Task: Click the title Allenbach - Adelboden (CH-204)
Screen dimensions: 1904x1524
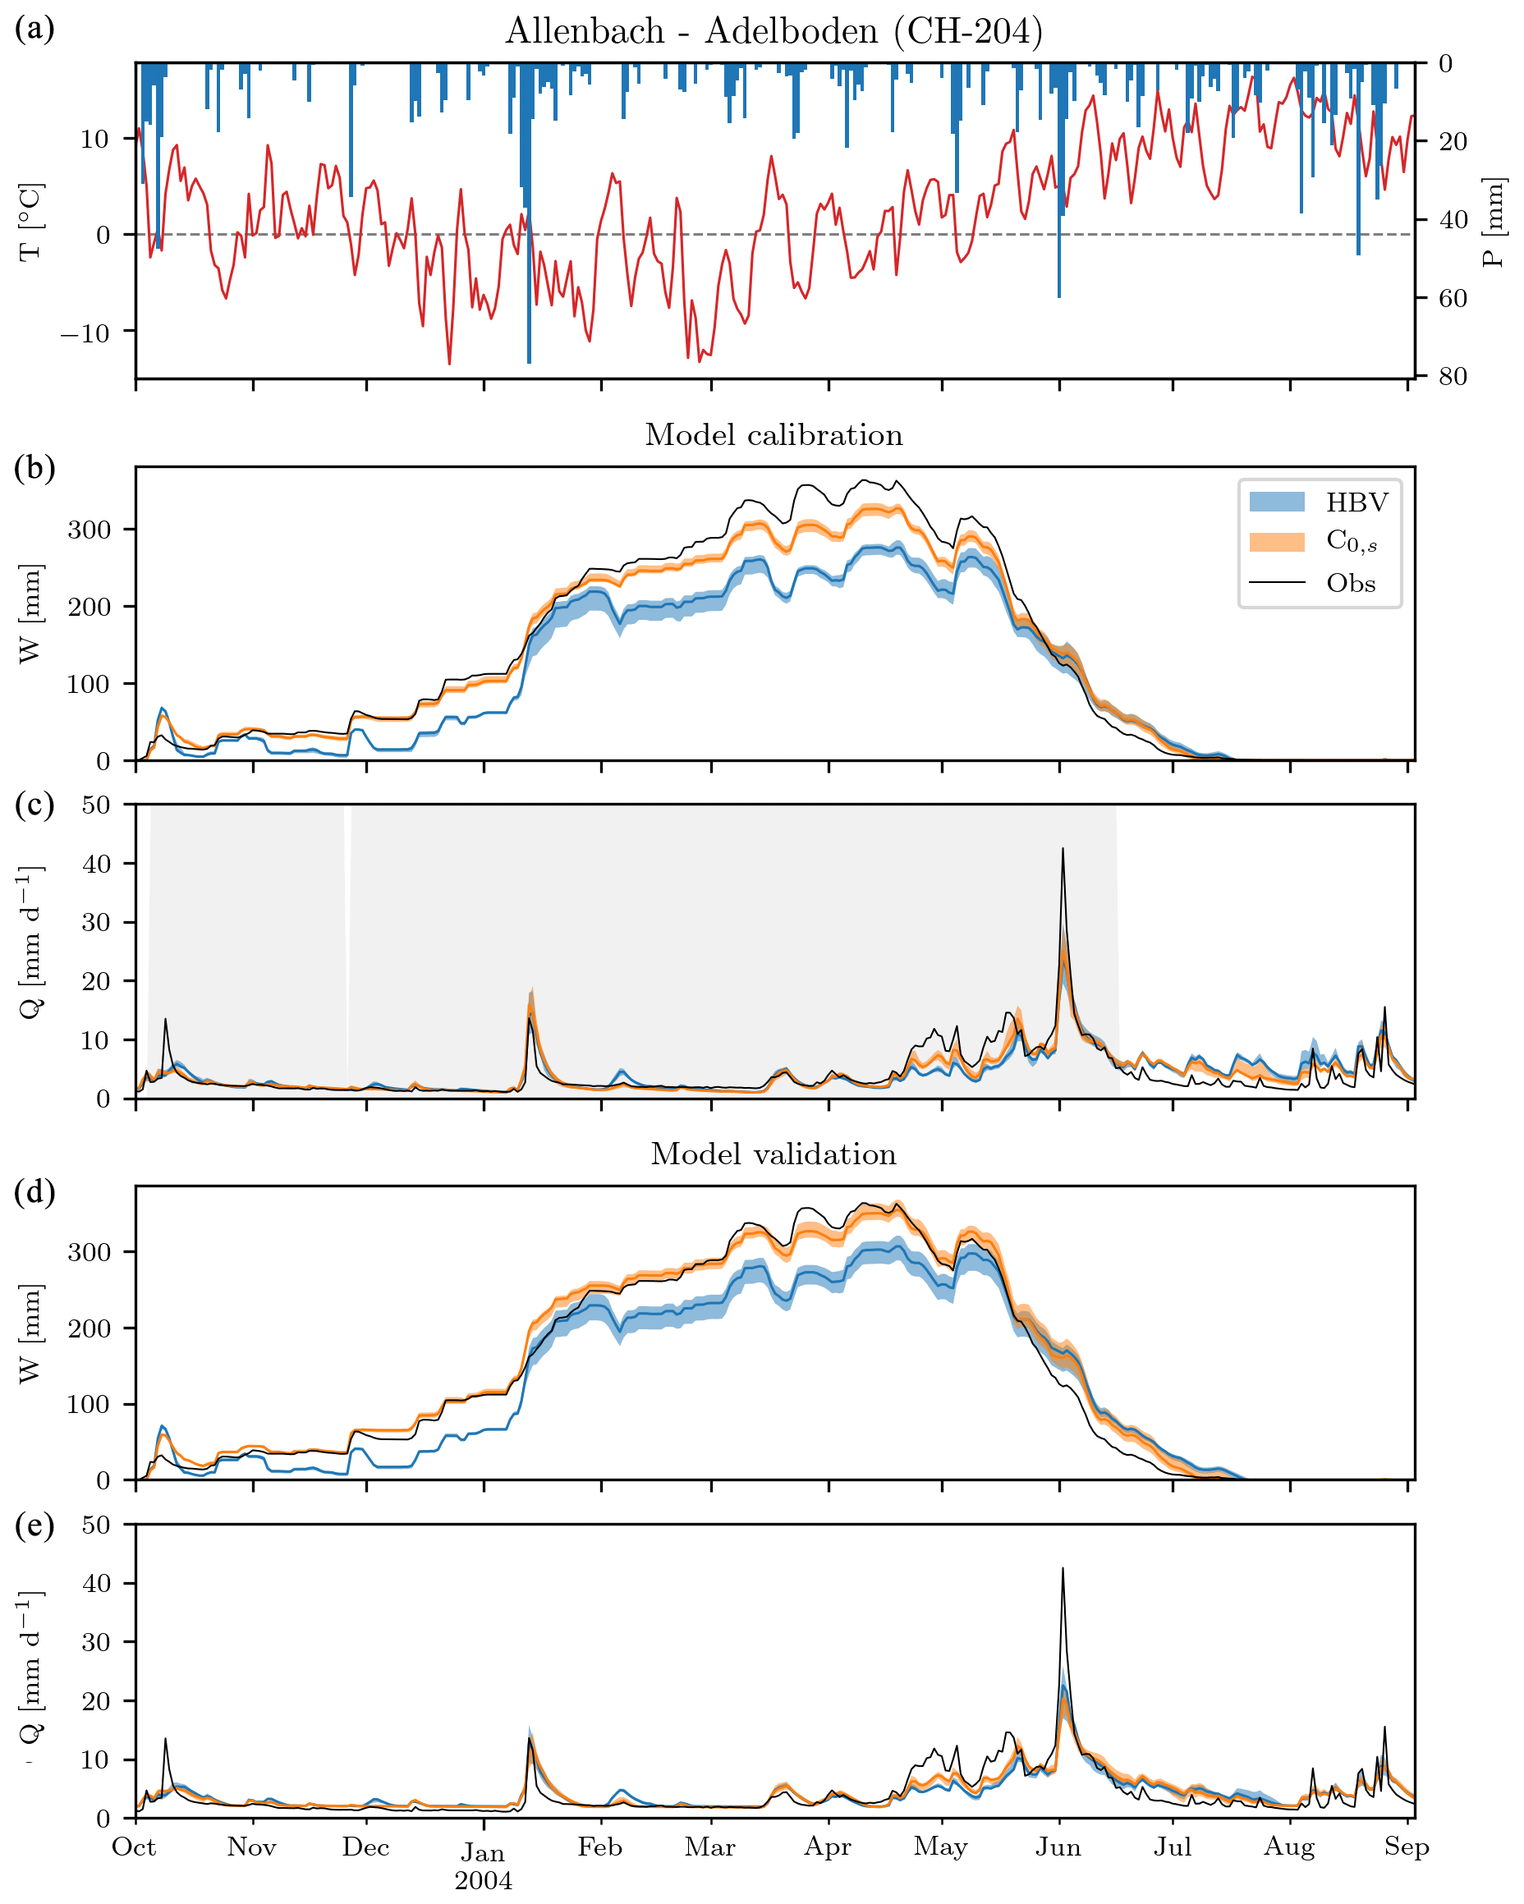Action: click(x=773, y=32)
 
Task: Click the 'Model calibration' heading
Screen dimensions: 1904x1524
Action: click(x=773, y=434)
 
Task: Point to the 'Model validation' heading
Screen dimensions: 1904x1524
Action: click(x=773, y=1154)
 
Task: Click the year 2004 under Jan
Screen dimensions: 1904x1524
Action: click(x=483, y=1880)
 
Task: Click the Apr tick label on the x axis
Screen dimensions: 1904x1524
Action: click(x=828, y=1847)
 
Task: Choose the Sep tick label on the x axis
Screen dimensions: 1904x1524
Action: click(x=1406, y=1847)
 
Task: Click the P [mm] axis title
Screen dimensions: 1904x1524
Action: click(x=1493, y=223)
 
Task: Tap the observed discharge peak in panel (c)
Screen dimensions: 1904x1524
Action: click(x=1063, y=850)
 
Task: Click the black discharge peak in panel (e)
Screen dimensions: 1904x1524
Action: click(x=1063, y=1569)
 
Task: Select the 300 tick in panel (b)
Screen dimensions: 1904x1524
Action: click(x=90, y=529)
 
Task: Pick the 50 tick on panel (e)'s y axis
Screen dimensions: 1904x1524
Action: click(x=96, y=1525)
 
